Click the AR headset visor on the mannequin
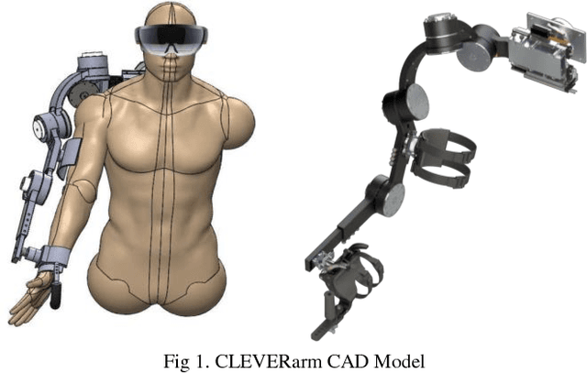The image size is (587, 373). point(171,38)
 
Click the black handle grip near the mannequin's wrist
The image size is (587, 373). point(55,295)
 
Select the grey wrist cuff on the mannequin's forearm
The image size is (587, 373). point(55,256)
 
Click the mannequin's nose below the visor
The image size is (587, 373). point(171,60)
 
